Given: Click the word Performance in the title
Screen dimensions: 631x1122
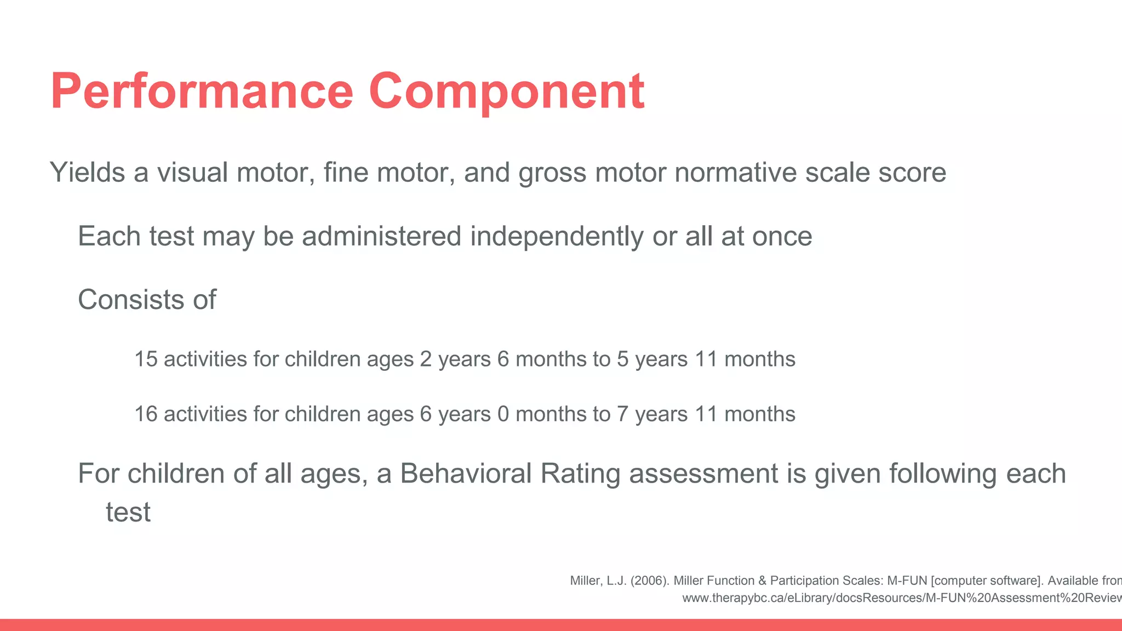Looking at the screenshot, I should coord(202,92).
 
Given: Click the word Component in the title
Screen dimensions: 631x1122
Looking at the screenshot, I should coord(506,92).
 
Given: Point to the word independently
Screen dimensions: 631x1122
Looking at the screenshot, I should coord(557,237).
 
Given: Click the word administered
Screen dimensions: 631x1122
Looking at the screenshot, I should coord(381,237).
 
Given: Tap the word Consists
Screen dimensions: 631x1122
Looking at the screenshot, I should coord(131,300).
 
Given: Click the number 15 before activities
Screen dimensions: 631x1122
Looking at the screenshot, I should coord(146,359).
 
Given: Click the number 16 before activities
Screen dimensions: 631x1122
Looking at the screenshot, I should coord(146,414).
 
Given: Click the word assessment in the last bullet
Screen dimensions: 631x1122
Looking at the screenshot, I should coord(703,474).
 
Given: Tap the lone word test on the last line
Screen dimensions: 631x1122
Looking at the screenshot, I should coord(128,513).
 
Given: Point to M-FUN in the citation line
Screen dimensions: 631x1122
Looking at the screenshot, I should coord(907,581).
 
